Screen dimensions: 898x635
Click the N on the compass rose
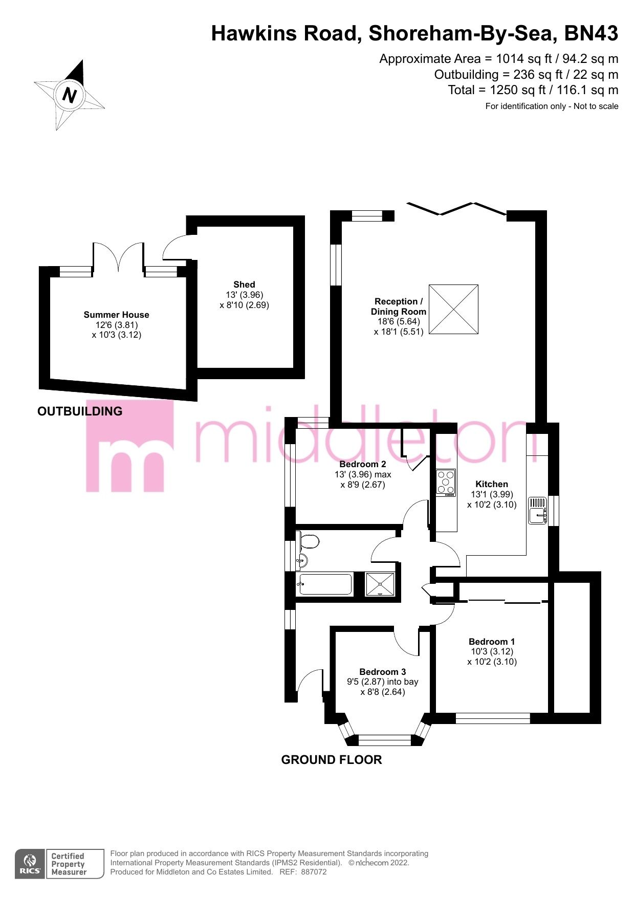pos(69,95)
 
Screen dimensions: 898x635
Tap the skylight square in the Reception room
pos(453,310)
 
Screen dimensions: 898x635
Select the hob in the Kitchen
pos(446,483)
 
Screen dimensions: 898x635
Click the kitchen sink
pos(538,511)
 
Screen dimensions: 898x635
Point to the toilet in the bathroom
pos(310,541)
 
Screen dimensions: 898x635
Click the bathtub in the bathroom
pos(325,584)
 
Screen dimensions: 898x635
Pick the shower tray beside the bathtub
pos(380,584)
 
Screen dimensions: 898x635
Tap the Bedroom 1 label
pos(492,642)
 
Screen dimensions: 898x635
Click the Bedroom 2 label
pos(363,464)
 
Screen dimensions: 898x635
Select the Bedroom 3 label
pos(383,672)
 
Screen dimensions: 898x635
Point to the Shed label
pos(244,284)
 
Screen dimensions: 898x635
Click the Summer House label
pos(117,315)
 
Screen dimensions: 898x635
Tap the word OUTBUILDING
pos(80,411)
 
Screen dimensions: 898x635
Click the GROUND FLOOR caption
pos(332,760)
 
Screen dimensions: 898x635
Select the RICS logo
pos(30,864)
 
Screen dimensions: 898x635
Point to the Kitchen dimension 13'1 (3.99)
pos(492,494)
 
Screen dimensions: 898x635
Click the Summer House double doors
pos(118,257)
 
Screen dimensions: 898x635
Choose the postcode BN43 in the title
pos(591,34)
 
